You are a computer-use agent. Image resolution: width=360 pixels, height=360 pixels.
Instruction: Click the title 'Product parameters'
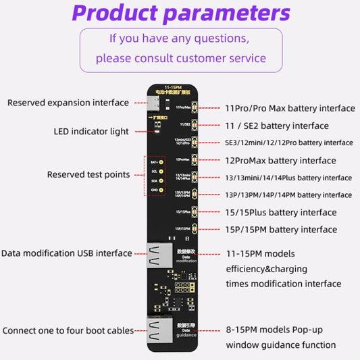[180, 13]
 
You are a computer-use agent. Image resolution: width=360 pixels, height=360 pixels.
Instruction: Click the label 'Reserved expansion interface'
[68, 103]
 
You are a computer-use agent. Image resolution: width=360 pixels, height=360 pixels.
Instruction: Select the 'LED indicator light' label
[91, 131]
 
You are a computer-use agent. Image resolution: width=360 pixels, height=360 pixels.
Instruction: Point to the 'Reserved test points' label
[88, 174]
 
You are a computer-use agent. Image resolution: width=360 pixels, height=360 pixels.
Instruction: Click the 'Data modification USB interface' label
[67, 253]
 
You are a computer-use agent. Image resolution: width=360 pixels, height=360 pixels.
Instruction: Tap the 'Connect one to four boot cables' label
[68, 331]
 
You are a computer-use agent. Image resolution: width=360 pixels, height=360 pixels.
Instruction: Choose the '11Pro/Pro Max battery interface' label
[290, 108]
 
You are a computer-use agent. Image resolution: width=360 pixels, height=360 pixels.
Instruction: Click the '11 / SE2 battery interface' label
[277, 126]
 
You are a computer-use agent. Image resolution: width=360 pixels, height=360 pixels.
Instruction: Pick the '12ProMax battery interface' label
[280, 161]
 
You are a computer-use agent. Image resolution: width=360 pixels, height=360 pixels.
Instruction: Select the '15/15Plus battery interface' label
[280, 213]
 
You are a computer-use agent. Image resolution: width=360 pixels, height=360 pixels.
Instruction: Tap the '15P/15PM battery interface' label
[280, 230]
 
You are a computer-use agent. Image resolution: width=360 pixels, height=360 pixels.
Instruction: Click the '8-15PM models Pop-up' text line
[280, 331]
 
